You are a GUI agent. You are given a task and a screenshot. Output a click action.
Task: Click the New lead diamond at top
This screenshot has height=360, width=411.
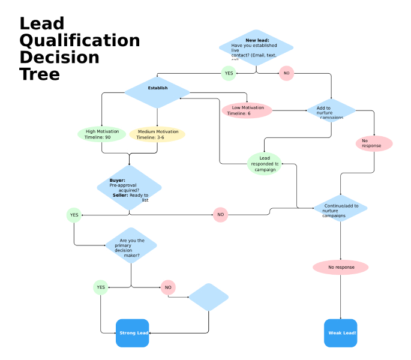(x=256, y=47)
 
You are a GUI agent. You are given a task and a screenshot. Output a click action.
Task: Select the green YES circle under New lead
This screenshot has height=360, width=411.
(x=228, y=73)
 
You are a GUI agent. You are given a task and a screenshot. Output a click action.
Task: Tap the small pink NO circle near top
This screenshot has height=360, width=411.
(x=286, y=73)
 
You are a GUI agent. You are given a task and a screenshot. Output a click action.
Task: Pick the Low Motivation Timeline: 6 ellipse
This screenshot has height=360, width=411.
(x=247, y=110)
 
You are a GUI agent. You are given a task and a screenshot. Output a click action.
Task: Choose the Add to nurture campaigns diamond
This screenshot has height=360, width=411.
(x=331, y=110)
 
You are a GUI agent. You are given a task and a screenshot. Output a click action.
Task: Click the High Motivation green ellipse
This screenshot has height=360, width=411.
(x=102, y=134)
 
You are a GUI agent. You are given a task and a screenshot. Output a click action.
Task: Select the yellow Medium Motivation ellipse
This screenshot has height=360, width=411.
(x=157, y=134)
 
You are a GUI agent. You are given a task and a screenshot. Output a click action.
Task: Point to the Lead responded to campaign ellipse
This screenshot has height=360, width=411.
(x=264, y=164)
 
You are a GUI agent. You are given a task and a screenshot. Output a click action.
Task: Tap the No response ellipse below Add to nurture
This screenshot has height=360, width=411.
(x=374, y=143)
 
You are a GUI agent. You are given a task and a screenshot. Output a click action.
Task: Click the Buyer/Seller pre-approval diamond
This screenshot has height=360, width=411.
(x=130, y=188)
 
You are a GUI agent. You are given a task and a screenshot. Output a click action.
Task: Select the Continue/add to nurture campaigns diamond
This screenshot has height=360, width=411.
(x=340, y=208)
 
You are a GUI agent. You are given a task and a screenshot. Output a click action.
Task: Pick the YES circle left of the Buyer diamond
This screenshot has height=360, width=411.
(x=74, y=214)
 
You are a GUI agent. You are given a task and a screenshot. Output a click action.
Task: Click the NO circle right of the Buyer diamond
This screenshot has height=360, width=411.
(x=220, y=214)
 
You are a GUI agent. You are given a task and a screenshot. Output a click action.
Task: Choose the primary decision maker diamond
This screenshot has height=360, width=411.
(x=131, y=245)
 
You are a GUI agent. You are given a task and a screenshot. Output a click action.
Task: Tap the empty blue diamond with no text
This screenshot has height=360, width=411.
(x=209, y=297)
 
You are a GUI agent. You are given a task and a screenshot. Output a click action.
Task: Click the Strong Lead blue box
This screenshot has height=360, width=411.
(x=133, y=332)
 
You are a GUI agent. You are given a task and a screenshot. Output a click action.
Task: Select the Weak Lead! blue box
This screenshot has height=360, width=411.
(x=341, y=332)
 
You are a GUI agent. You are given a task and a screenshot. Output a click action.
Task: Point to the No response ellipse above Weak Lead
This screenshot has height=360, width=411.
(x=341, y=267)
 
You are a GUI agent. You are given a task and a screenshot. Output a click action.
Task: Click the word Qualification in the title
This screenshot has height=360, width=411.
(x=79, y=41)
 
